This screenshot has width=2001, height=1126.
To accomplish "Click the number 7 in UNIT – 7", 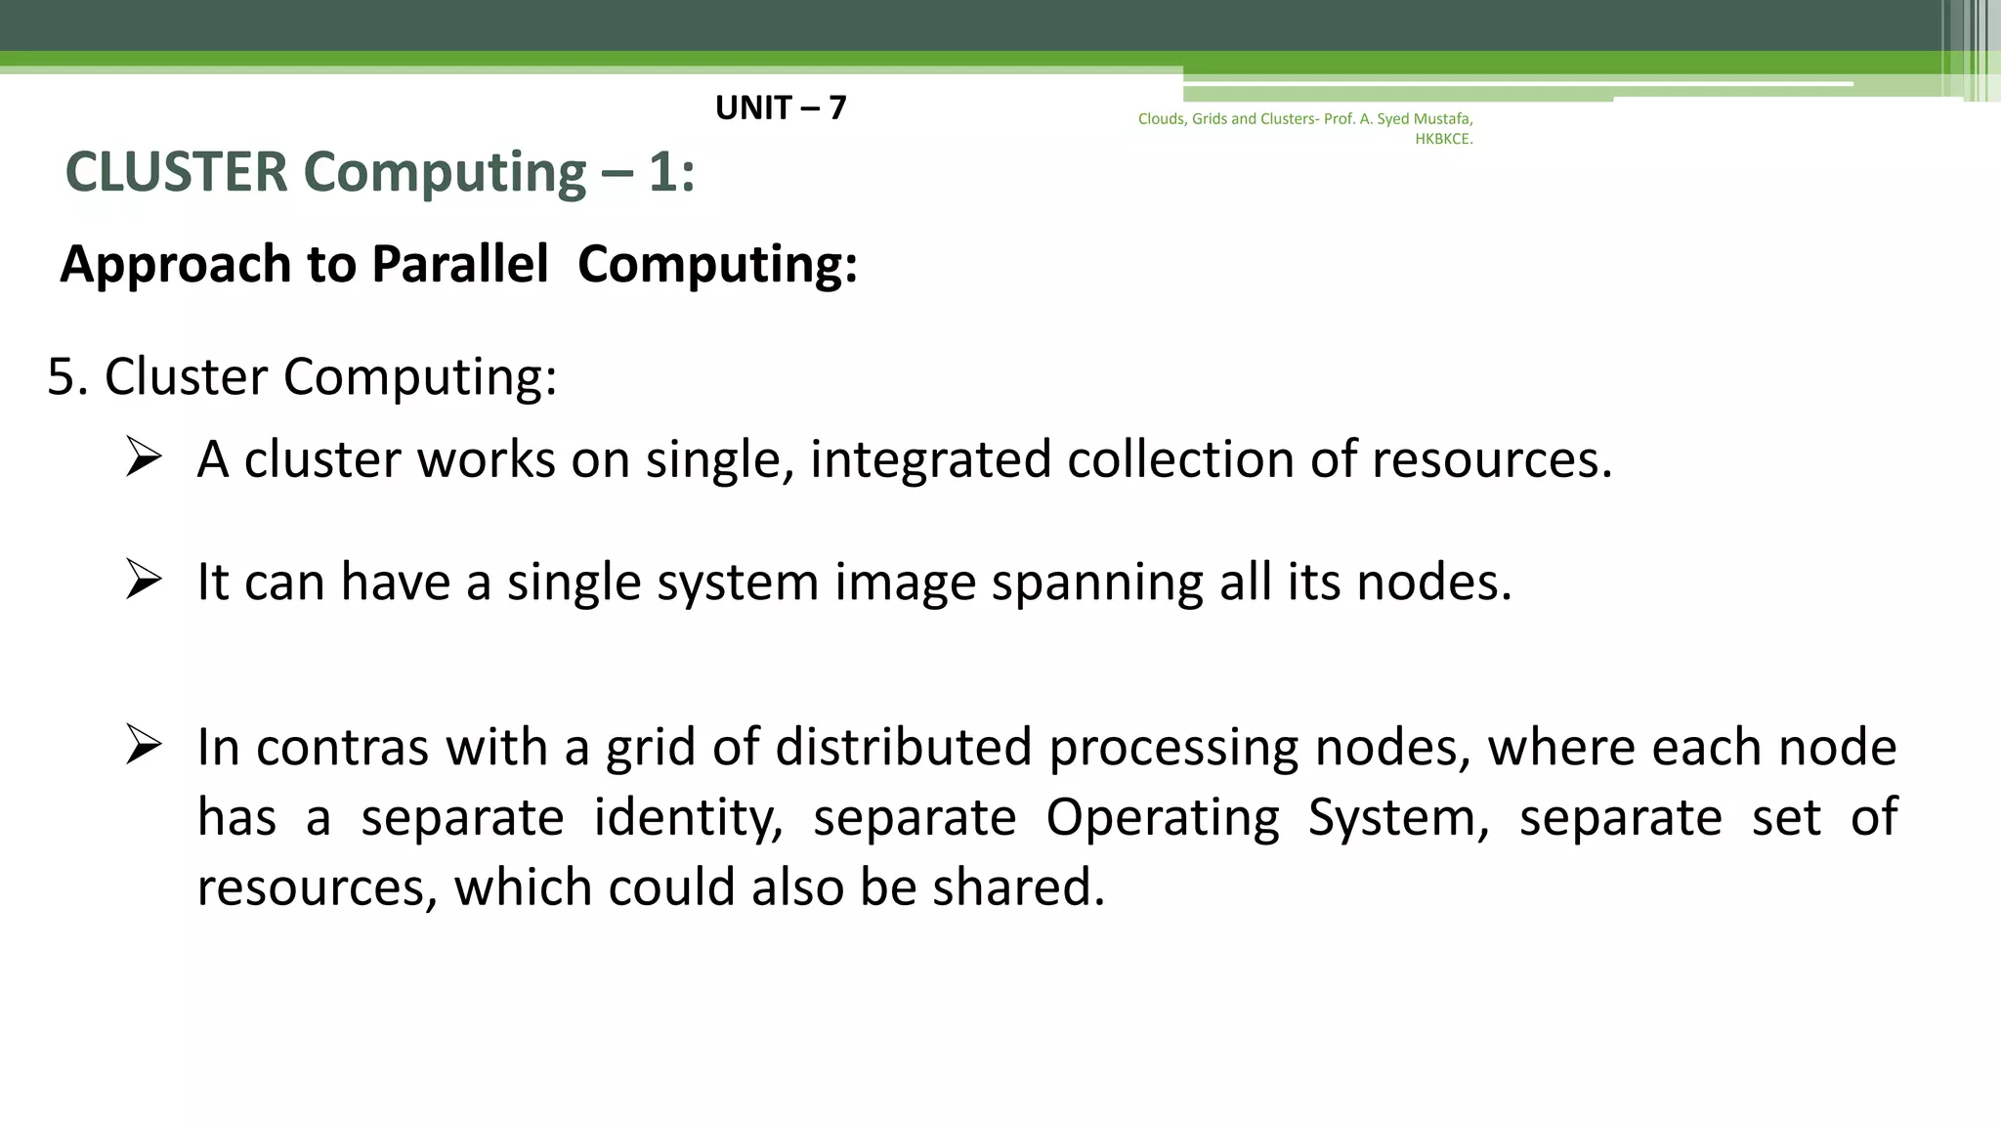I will point(836,108).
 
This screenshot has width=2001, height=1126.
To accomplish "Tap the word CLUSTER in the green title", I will point(177,172).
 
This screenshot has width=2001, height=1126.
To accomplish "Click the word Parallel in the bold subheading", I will point(460,264).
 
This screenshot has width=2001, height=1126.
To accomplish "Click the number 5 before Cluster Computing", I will point(62,377).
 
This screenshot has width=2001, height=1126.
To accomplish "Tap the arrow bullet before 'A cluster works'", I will point(143,457).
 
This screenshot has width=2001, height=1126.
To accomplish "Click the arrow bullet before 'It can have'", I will point(143,581).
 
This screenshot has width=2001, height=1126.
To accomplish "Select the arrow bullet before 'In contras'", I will point(143,746).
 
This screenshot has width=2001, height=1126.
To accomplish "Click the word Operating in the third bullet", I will point(1163,818).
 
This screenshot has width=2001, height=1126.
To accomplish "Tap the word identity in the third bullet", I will point(689,818).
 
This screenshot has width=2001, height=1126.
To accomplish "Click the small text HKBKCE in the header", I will point(1443,139).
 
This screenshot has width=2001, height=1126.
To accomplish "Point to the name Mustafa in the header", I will point(1442,119).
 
